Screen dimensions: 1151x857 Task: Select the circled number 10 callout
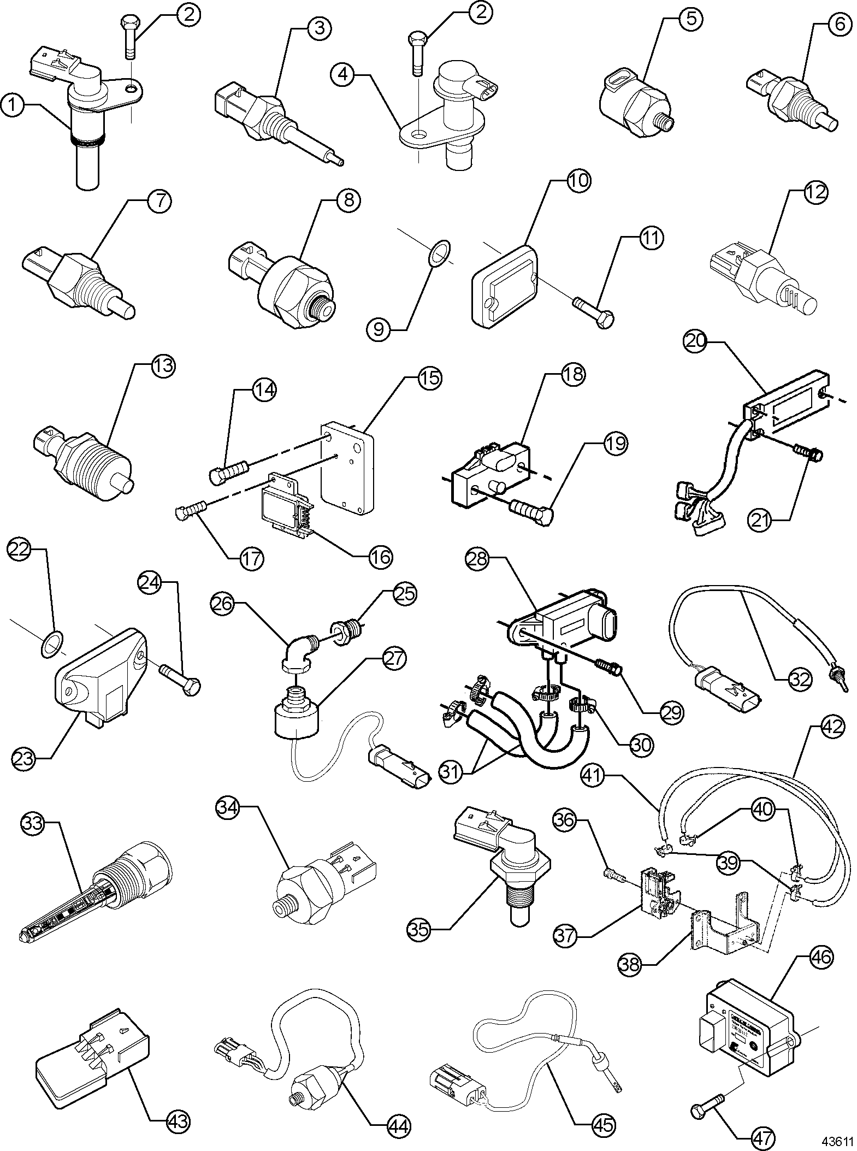[579, 180]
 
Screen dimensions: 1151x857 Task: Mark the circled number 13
[163, 365]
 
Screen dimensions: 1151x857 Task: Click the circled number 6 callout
[840, 24]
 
